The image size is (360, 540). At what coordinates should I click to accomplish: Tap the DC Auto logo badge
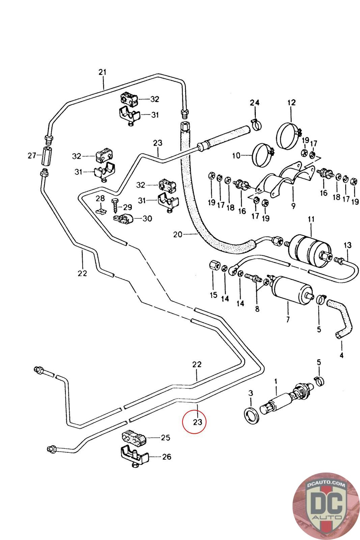pos(326,506)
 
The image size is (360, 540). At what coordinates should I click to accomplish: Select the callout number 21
pos(102,72)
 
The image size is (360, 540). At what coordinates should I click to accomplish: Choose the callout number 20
pos(178,234)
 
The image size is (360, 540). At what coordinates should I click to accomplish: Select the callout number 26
pos(167,457)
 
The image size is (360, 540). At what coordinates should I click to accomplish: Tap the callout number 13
pos(348,245)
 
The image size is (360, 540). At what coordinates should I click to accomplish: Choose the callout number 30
pos(147,218)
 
